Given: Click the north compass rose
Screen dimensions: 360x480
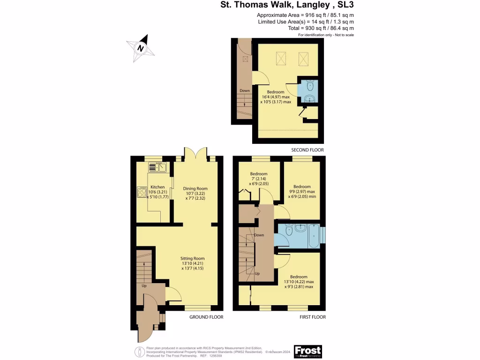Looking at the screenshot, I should [140, 48].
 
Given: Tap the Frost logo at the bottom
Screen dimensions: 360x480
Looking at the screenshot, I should [308, 351].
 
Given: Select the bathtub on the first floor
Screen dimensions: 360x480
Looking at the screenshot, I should [313, 236].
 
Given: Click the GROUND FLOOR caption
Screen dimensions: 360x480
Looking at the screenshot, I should [206, 317].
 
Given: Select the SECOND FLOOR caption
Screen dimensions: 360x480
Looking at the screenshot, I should [307, 150].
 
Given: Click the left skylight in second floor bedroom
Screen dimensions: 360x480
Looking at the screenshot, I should [281, 59].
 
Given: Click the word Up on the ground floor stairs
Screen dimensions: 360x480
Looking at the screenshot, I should [144, 285].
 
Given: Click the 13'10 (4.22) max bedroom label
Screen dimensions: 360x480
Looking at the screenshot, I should [299, 282].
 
